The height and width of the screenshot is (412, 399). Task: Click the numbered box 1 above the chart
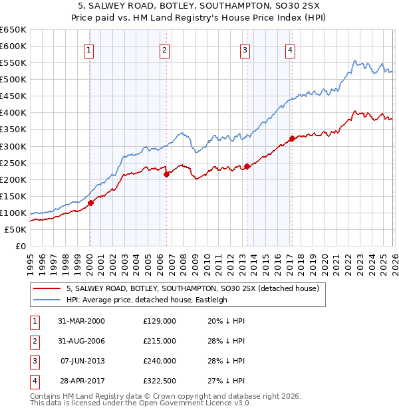point(89,50)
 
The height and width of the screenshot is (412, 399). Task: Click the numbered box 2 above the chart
point(164,50)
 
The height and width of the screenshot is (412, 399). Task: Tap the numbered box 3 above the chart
point(245,50)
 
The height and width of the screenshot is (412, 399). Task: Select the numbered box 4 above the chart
point(291,50)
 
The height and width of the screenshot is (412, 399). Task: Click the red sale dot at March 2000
point(91,203)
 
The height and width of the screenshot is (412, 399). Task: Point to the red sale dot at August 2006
point(166,174)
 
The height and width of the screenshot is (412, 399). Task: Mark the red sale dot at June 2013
point(247,165)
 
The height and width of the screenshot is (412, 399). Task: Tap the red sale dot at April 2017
point(292,138)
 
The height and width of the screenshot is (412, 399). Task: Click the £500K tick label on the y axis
point(13,80)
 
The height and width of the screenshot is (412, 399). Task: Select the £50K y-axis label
point(15,230)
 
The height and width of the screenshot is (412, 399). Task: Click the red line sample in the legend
point(47,289)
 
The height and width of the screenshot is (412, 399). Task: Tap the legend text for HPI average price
point(147,300)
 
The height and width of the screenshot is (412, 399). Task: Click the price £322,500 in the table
point(160,381)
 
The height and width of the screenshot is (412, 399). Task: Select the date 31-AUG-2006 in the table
point(82,341)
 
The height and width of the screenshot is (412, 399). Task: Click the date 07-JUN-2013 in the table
point(82,361)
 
